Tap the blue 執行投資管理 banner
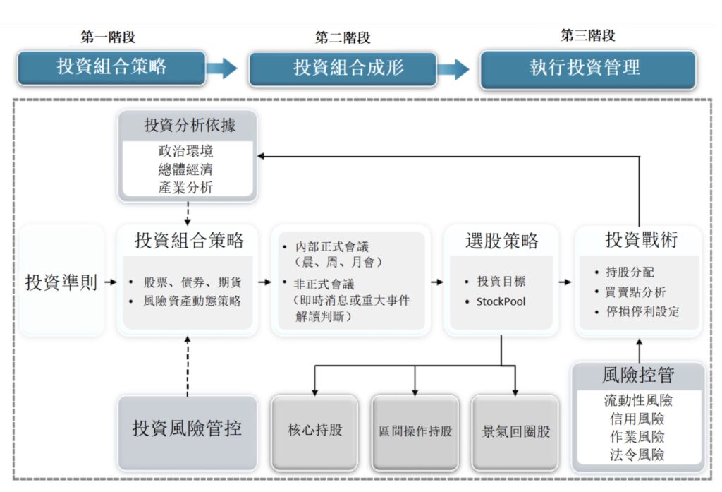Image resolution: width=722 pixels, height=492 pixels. pyautogui.click(x=587, y=68)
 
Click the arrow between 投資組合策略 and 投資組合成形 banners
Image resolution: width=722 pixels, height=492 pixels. pyautogui.click(x=223, y=68)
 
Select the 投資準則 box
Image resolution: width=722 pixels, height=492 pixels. pyautogui.click(x=61, y=282)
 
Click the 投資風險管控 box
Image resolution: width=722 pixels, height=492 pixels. pyautogui.click(x=187, y=428)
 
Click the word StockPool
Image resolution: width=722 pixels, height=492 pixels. pyautogui.click(x=501, y=301)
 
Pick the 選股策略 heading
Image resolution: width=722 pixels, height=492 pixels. pyautogui.click(x=502, y=241)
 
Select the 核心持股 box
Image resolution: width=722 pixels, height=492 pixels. pyautogui.click(x=315, y=430)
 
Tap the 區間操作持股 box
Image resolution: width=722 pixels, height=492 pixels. pyautogui.click(x=415, y=431)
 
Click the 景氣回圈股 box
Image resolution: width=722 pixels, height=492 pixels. pyautogui.click(x=515, y=431)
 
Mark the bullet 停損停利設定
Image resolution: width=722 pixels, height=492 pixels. pyautogui.click(x=642, y=311)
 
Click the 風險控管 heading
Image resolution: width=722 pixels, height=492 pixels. pyautogui.click(x=637, y=376)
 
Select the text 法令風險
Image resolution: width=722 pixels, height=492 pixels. pyautogui.click(x=637, y=455)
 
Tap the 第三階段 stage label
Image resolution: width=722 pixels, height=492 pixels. pyautogui.click(x=587, y=36)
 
